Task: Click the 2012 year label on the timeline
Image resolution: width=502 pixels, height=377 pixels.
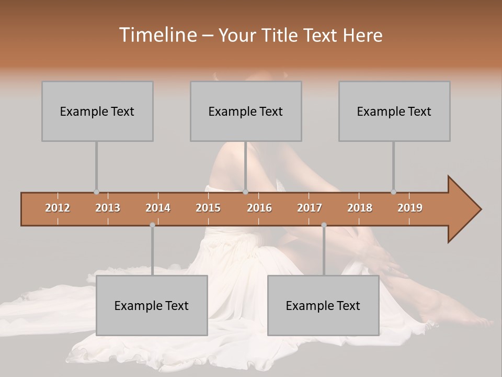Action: tap(58, 208)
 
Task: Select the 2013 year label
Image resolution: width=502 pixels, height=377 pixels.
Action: tap(108, 208)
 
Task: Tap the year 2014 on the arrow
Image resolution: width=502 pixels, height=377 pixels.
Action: tap(158, 208)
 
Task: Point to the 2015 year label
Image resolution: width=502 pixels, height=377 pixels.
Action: tap(208, 208)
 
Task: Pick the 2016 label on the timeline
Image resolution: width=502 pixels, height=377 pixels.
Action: tap(259, 208)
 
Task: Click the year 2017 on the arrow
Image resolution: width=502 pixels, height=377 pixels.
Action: tap(310, 208)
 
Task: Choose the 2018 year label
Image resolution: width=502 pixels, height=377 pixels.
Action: tap(360, 208)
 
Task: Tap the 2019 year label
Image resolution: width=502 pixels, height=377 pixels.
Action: tap(410, 208)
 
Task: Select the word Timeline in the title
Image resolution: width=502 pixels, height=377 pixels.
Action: tap(157, 35)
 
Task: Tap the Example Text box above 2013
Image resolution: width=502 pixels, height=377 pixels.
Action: tap(97, 111)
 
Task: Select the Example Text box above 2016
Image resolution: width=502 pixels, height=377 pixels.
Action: tap(246, 111)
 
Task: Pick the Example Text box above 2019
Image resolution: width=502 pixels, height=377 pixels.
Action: tap(394, 111)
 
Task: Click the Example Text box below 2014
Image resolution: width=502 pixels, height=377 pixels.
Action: tap(152, 305)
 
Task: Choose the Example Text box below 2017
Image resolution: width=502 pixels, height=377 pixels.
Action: tap(323, 305)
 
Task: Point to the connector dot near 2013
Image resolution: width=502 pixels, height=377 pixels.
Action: tap(96, 192)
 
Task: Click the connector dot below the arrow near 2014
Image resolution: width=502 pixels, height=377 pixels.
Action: tap(152, 225)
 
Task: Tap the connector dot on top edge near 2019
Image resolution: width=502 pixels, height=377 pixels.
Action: tap(393, 192)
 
